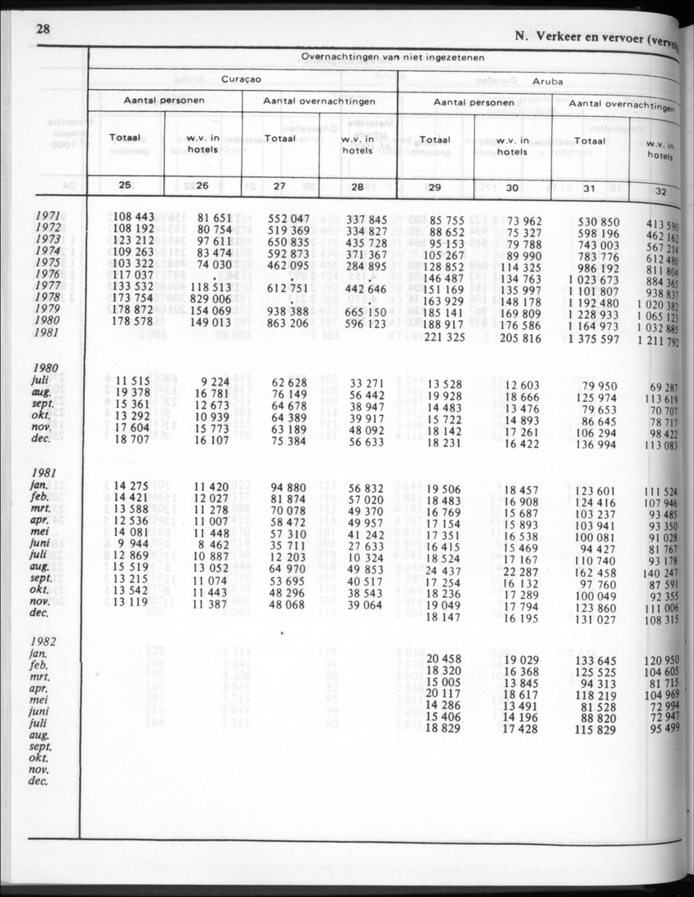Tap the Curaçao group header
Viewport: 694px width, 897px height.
242,81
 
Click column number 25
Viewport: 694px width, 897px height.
125,185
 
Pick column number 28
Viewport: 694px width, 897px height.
357,186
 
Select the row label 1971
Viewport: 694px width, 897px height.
47,216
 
